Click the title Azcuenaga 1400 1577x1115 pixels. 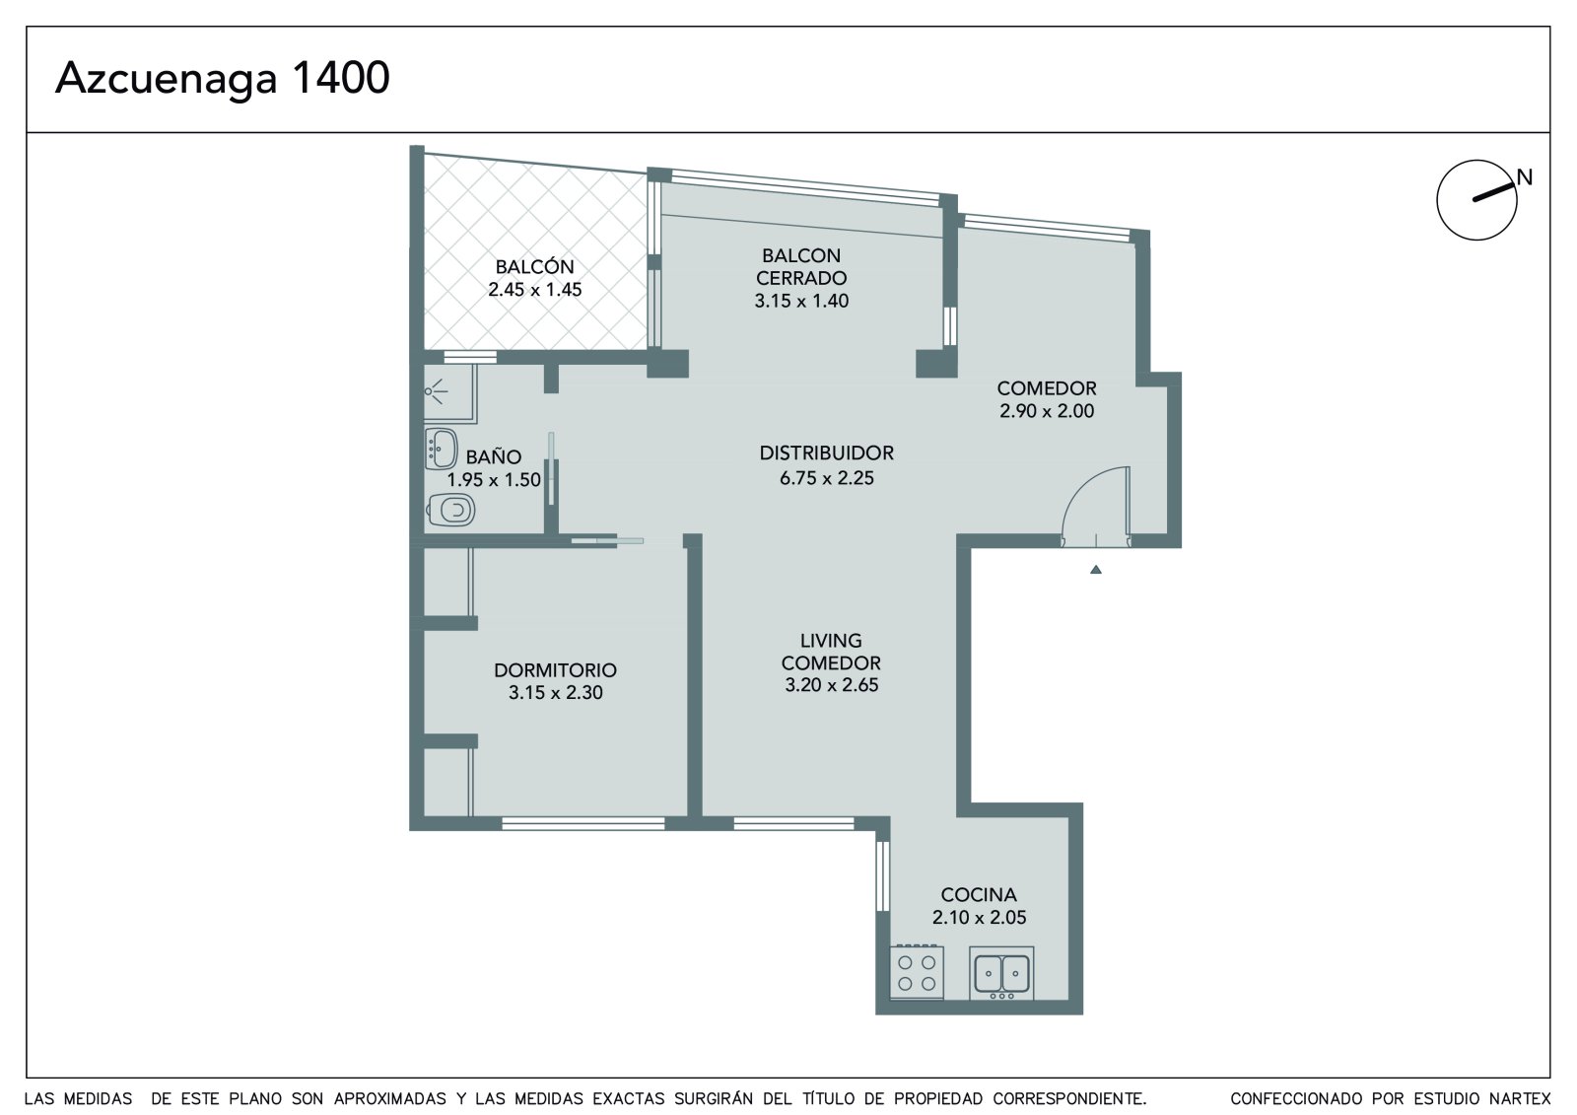(223, 78)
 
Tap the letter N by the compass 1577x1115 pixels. (1524, 177)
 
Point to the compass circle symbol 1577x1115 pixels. (1476, 200)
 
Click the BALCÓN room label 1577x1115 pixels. (535, 267)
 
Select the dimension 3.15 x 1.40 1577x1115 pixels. (801, 301)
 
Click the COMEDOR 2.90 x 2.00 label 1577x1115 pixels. (1047, 399)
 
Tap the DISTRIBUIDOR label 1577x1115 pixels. (827, 453)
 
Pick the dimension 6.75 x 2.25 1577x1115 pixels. (827, 478)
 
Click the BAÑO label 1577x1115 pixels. (494, 457)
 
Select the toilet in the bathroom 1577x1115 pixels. (450, 510)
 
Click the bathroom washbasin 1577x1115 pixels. (442, 449)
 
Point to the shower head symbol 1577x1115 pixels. (435, 391)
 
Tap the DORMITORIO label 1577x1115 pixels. (556, 669)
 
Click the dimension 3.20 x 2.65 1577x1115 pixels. (832, 684)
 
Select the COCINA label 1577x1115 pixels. (979, 894)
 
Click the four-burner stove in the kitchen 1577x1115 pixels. (917, 972)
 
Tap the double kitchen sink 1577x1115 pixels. (1001, 973)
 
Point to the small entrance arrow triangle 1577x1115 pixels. (1095, 569)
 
